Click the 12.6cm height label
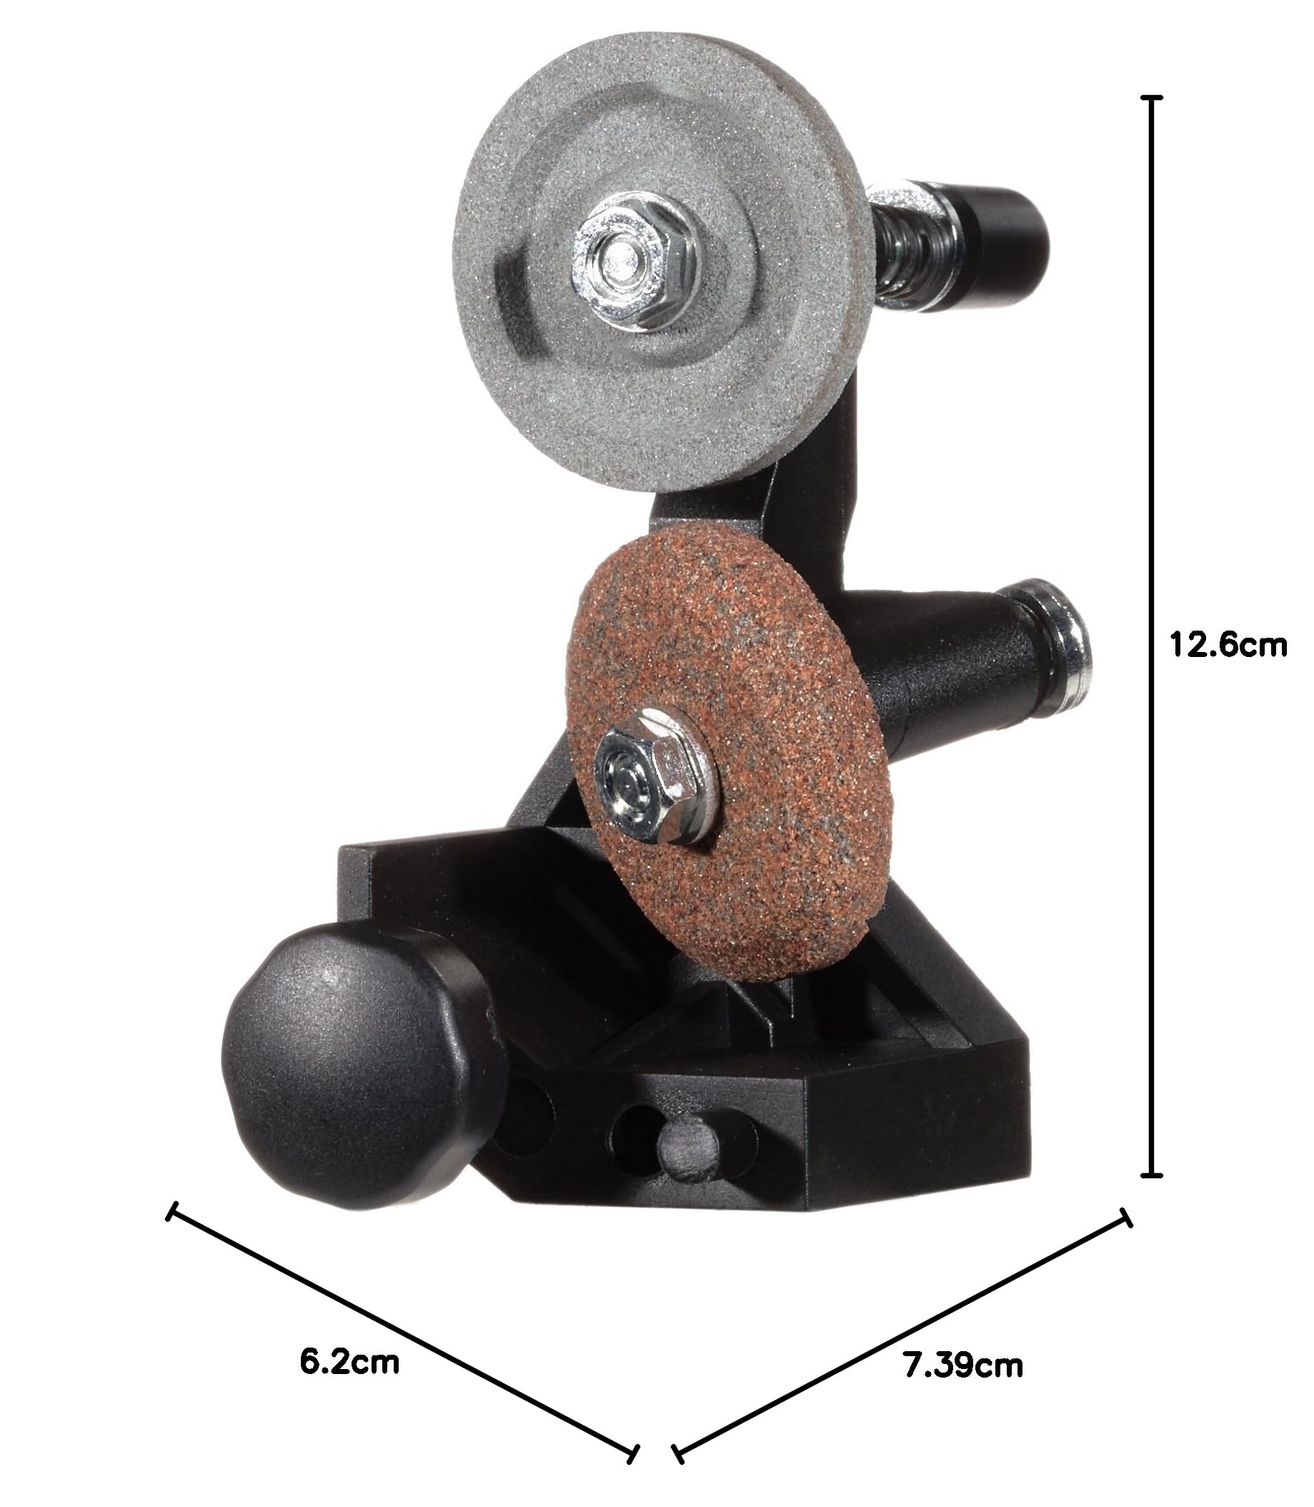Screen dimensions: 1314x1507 (x=1228, y=646)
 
